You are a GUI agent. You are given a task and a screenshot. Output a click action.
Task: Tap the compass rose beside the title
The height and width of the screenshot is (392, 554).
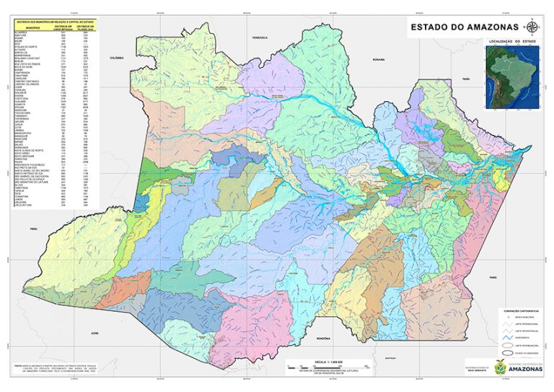click(532, 29)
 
